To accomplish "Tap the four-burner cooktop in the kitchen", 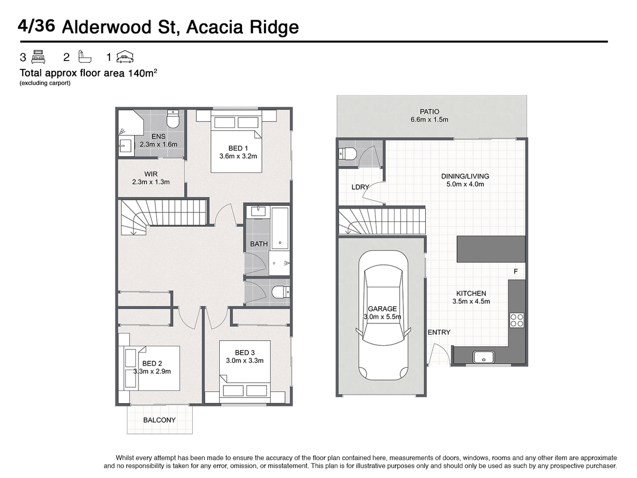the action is tap(517, 320).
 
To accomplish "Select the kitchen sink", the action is tap(484, 357).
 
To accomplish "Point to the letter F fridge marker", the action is tap(515, 271).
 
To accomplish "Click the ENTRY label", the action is tap(439, 332).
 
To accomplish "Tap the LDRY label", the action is tap(360, 187).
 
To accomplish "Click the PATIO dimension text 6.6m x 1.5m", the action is tap(429, 119).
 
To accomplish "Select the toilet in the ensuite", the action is tap(173, 119).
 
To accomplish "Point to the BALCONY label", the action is tap(159, 420).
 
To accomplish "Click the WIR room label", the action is tap(151, 174).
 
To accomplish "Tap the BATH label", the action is tap(259, 244).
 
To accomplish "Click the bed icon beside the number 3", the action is tap(38, 57).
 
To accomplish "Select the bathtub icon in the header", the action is tap(85, 57).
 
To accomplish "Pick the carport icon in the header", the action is tap(125, 57).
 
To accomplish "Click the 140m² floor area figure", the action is tap(142, 73).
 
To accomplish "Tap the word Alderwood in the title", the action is tap(107, 27).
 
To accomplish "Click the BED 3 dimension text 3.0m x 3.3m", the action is tap(245, 361).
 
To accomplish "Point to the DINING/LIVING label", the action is tap(465, 176).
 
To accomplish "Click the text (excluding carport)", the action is tap(45, 83).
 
